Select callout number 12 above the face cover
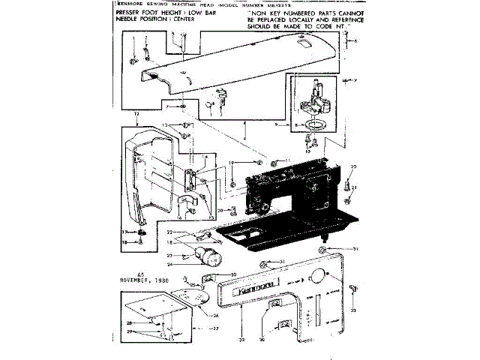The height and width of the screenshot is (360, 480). point(136,113)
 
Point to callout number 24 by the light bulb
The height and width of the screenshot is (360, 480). point(170,263)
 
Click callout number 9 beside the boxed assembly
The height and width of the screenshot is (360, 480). point(277,124)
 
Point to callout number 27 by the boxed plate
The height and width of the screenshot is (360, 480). point(215,328)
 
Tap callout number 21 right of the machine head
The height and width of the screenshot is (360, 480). point(355,188)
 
